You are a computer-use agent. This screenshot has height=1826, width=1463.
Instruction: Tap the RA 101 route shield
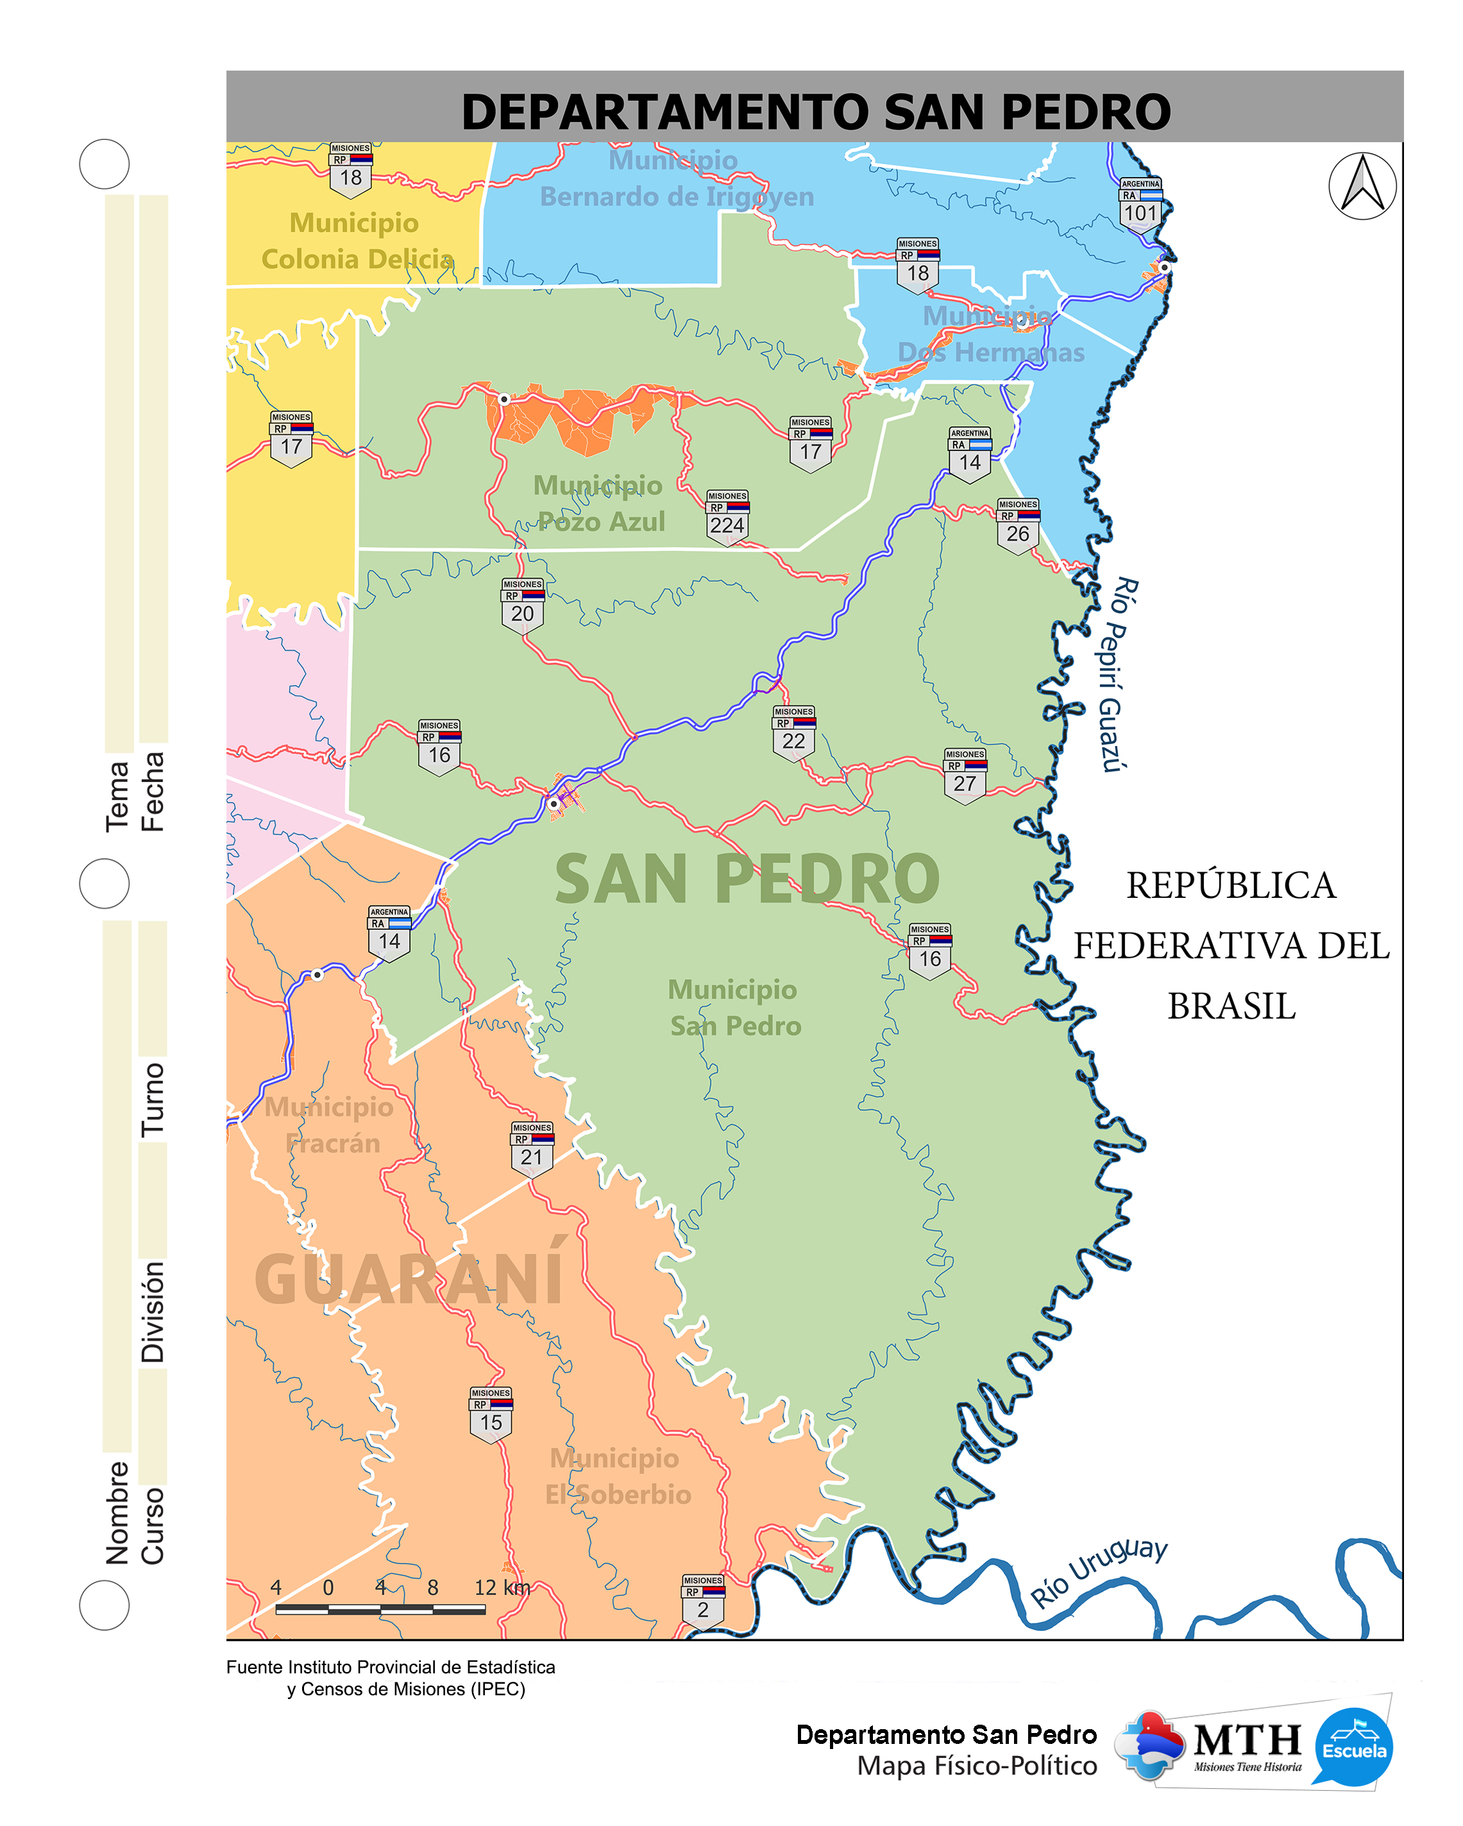[1140, 204]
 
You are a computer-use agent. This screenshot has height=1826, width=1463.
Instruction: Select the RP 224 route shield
[727, 517]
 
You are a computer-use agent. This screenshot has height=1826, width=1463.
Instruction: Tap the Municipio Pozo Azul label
[599, 503]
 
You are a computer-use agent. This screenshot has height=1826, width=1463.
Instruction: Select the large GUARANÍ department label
[409, 1278]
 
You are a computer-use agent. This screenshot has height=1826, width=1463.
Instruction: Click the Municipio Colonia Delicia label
[356, 241]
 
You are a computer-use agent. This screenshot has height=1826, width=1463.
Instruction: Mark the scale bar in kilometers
[380, 1607]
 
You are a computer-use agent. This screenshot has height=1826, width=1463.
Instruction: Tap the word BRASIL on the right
[1231, 1006]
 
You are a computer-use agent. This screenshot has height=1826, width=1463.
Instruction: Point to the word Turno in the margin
[153, 1099]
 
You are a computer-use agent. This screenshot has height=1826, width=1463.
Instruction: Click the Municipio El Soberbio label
[617, 1476]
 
